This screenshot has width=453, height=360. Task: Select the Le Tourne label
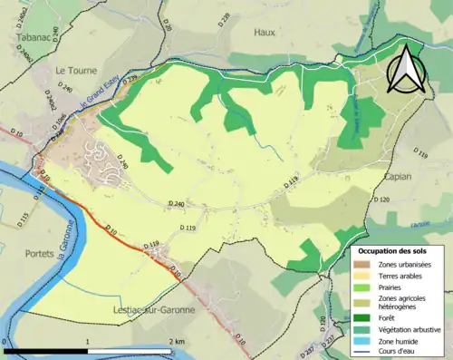coord(76,70)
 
